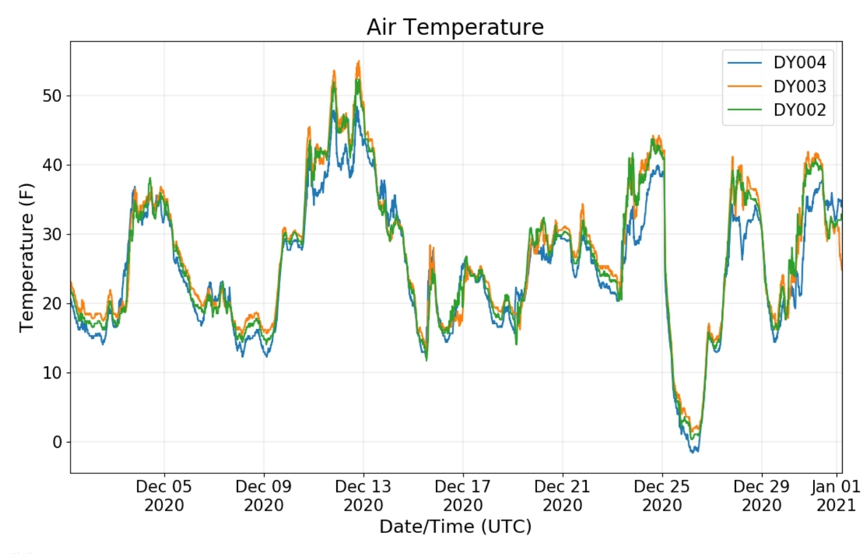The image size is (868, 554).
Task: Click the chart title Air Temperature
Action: [455, 27]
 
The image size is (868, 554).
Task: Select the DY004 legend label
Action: [799, 63]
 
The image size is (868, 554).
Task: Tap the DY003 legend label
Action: [799, 86]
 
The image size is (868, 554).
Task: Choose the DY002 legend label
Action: [799, 110]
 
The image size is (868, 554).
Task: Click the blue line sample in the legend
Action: [744, 63]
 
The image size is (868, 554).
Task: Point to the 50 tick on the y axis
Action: [52, 96]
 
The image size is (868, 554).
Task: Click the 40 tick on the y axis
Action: [52, 165]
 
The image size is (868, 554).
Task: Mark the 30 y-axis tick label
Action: [52, 235]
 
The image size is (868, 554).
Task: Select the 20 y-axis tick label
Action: [52, 304]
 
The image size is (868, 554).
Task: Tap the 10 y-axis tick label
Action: [52, 373]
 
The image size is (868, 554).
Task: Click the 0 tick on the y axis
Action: [57, 442]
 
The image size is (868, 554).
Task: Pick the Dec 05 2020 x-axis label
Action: [164, 496]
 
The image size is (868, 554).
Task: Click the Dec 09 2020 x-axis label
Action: [263, 496]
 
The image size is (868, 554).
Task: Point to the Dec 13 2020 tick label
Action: [363, 496]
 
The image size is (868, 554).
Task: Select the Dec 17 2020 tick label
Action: [463, 496]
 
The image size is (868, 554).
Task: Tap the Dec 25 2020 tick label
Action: [662, 496]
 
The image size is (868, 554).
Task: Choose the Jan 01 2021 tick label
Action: [835, 496]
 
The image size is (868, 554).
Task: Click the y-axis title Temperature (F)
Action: [27, 257]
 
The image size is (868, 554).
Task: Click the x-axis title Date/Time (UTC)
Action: [455, 527]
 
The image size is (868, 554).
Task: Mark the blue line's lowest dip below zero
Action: [694, 451]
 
